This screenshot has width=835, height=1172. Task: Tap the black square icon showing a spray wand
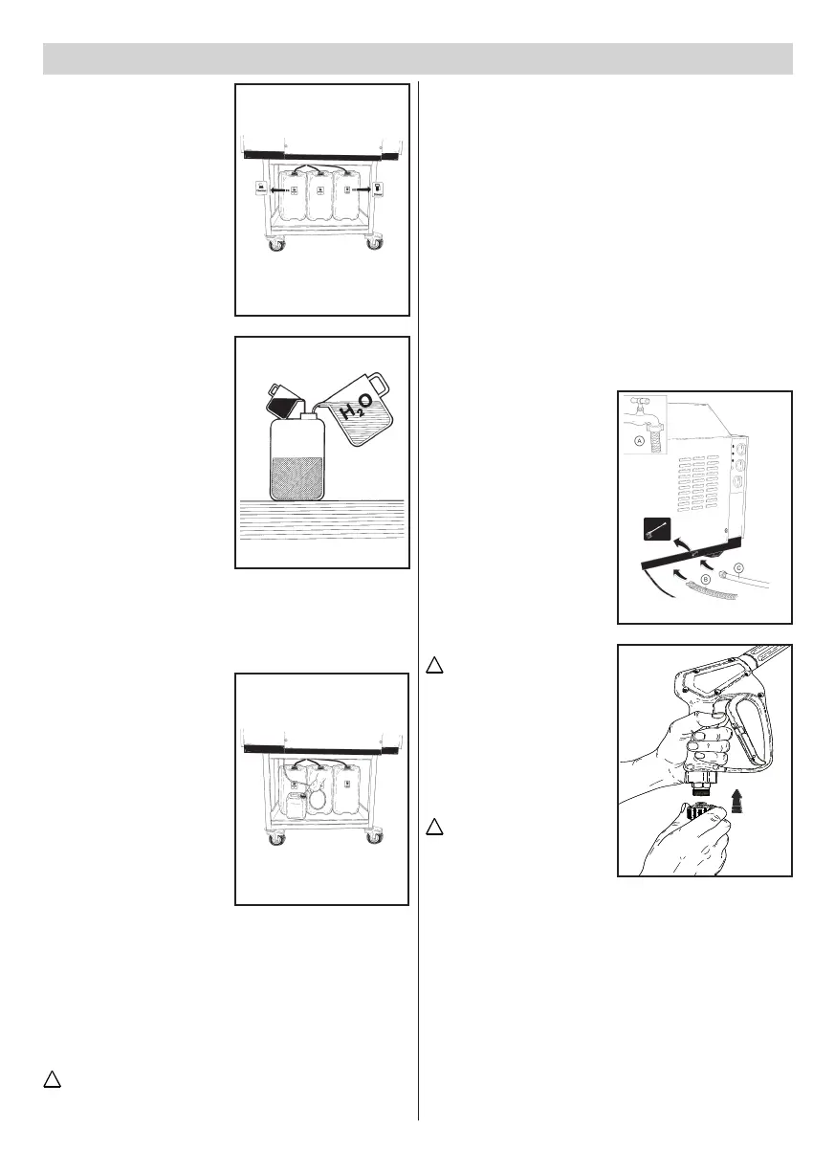click(x=655, y=529)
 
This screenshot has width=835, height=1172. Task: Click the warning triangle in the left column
click(x=54, y=1080)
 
